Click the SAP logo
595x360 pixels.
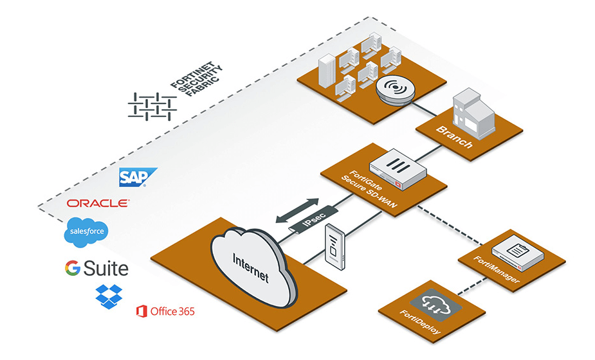pos(138,177)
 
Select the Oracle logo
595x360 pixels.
pos(98,203)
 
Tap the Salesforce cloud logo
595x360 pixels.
pos(86,233)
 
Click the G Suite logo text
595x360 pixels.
pos(96,268)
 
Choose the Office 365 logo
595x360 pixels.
pos(165,312)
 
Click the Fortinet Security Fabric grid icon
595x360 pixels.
pos(152,105)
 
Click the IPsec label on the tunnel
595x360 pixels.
pos(315,219)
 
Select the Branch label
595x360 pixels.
pos(454,137)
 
